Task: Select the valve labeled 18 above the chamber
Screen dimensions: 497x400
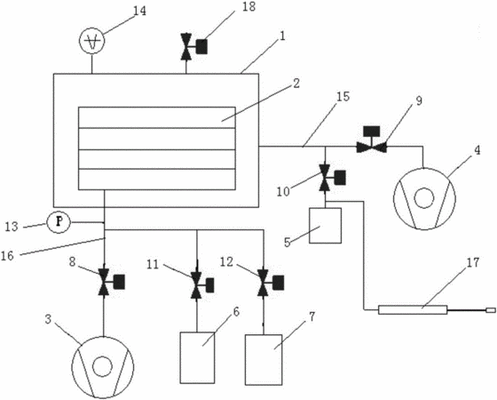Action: click(193, 46)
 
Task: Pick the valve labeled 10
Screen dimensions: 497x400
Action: click(332, 178)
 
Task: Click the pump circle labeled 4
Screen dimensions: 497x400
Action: click(424, 198)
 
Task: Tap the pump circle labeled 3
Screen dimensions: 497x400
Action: click(103, 367)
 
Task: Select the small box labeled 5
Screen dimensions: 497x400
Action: click(325, 226)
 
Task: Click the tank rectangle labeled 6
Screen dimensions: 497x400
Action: click(197, 357)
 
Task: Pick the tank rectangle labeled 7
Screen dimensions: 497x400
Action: click(264, 360)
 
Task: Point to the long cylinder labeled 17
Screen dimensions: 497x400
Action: click(413, 310)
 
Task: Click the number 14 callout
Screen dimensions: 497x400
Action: click(139, 11)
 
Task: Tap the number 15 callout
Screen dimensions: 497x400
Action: click(343, 97)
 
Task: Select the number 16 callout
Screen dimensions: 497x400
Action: click(8, 255)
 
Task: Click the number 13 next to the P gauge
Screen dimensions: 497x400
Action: click(12, 227)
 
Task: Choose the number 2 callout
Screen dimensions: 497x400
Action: click(296, 84)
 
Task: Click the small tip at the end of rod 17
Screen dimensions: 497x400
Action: click(490, 310)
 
